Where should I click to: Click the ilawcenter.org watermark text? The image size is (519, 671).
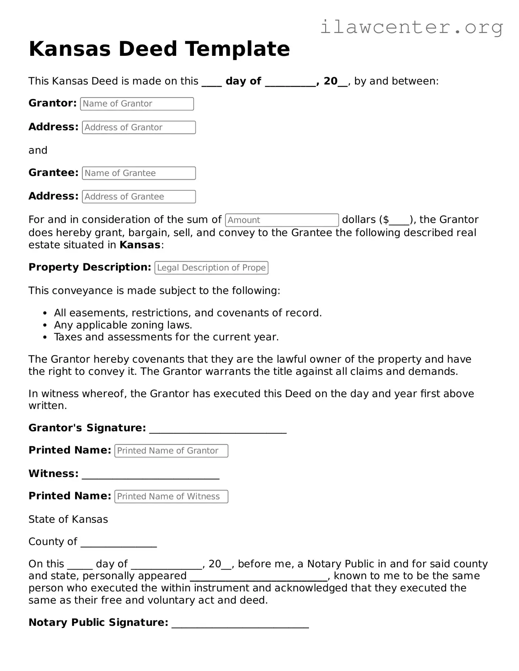pos(411,27)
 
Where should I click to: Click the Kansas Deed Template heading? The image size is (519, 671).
pos(159,49)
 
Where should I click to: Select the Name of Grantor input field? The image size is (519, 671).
pos(137,104)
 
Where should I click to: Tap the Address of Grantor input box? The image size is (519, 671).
pos(139,128)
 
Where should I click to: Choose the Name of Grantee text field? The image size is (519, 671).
pos(139,173)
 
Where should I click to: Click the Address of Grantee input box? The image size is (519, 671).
pos(139,197)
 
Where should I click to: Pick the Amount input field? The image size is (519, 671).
pos(281,220)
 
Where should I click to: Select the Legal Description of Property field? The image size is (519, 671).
pos(211,268)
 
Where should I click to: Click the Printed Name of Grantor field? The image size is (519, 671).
pos(171,451)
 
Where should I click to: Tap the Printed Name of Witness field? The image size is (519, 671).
pos(171,496)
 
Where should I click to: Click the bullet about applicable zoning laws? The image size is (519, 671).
pos(123,325)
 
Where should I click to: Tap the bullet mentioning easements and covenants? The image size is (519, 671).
pos(188,313)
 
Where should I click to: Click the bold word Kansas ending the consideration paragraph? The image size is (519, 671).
pos(140,245)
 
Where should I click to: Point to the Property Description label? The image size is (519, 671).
pos(90,267)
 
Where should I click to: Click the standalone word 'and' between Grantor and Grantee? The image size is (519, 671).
pos(38,150)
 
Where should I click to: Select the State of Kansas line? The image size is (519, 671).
pos(68,520)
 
